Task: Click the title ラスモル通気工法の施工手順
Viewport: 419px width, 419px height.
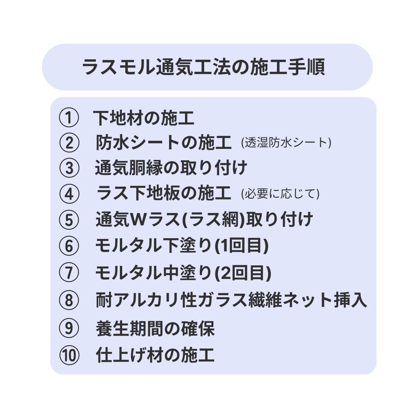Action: click(x=204, y=67)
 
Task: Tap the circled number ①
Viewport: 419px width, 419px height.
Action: click(x=69, y=118)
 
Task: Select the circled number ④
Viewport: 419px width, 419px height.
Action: click(x=69, y=194)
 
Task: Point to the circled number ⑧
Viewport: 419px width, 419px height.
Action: click(x=69, y=300)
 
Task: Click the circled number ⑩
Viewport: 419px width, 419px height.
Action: click(x=69, y=355)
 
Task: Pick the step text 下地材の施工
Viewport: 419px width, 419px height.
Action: click(x=144, y=118)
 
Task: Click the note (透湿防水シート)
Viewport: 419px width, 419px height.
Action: click(x=286, y=142)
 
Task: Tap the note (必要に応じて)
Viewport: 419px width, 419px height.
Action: click(x=280, y=194)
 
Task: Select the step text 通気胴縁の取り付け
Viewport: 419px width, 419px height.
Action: click(x=171, y=168)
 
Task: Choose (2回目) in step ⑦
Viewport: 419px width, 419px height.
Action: click(x=243, y=273)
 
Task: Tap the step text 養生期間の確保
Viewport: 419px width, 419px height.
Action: click(x=155, y=329)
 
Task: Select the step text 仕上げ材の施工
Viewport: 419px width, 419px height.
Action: click(x=155, y=355)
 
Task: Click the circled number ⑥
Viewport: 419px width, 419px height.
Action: click(x=69, y=246)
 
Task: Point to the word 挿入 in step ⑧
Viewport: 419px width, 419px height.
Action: click(x=351, y=300)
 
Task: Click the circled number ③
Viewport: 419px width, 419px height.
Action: click(x=69, y=168)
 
